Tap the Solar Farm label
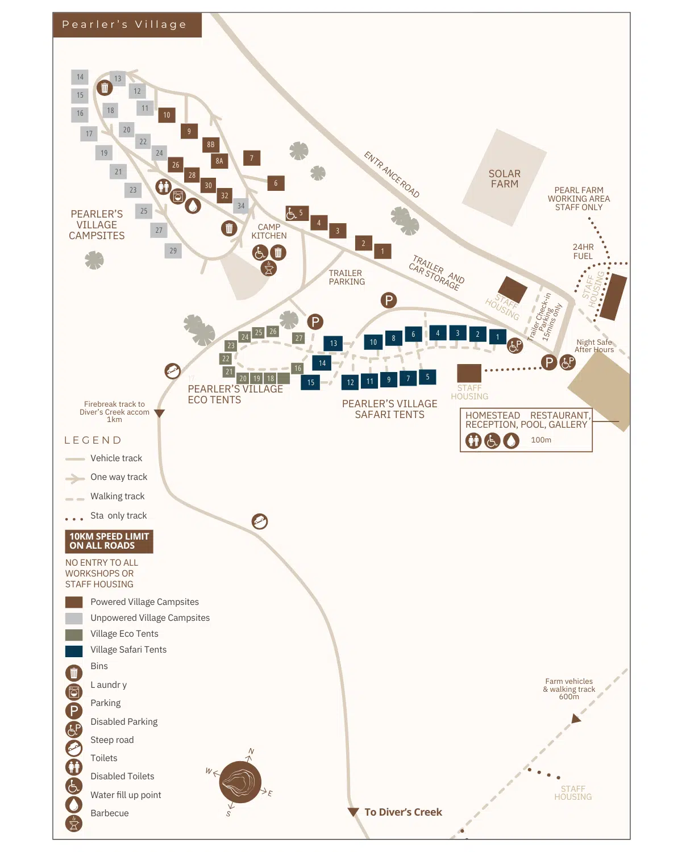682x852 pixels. coord(504,179)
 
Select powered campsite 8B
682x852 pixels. coord(211,145)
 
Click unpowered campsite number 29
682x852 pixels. coord(173,250)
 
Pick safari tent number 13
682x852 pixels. coord(333,344)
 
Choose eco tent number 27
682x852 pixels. coord(299,338)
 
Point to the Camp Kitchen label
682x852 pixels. coord(269,231)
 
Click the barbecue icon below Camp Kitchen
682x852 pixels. coord(269,268)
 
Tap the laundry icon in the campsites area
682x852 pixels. coord(178,196)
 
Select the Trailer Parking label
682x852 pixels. coord(347,277)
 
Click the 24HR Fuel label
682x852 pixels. coord(583,252)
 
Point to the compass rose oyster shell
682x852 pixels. coord(240,783)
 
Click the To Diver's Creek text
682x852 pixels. coord(403,812)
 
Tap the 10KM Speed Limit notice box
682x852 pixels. coord(109,541)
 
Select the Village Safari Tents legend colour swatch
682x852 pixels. coord(74,650)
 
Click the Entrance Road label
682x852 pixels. coord(392,175)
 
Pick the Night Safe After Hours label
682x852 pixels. coord(594,346)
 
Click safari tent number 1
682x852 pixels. coord(497,337)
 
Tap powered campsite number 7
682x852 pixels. coord(252,158)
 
